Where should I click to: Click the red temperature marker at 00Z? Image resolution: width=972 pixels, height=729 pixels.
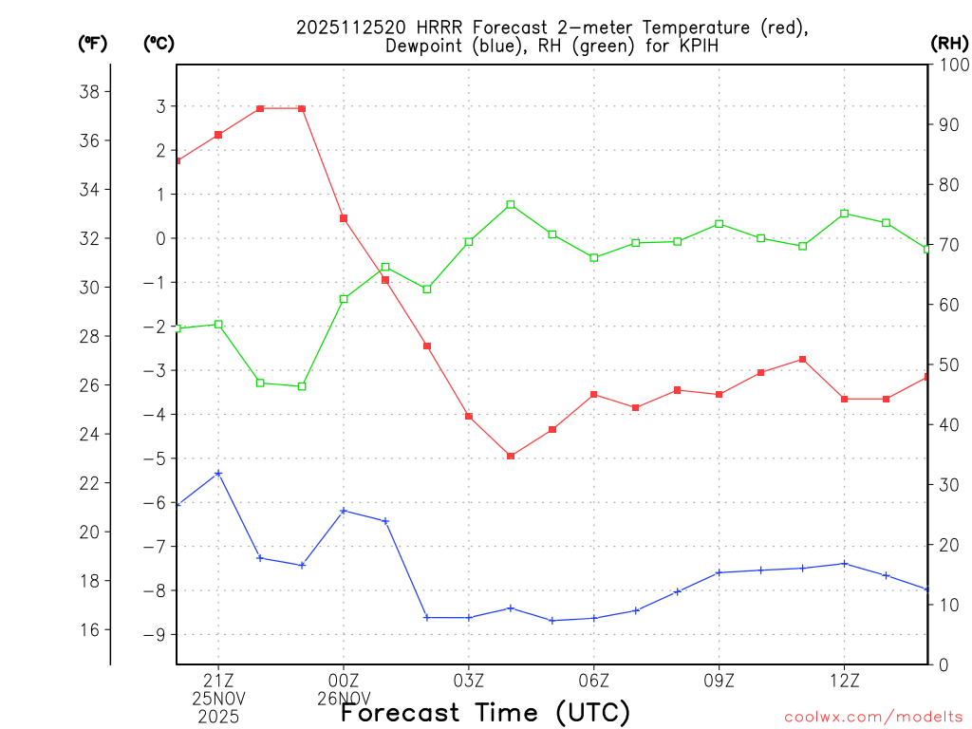click(344, 218)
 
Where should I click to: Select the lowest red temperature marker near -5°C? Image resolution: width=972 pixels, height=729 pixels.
click(511, 457)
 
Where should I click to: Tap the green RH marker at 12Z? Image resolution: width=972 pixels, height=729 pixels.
click(845, 214)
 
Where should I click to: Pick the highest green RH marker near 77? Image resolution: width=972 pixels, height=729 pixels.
click(511, 204)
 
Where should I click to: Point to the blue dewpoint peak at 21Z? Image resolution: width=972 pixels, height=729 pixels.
click(218, 473)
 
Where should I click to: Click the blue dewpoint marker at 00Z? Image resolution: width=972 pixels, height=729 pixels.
click(344, 511)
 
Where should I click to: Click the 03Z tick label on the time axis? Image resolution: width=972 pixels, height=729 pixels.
click(469, 681)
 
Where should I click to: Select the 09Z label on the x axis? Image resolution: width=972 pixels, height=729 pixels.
click(719, 681)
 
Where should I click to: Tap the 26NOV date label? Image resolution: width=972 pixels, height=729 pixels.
click(344, 698)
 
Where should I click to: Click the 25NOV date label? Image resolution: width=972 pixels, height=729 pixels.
click(218, 698)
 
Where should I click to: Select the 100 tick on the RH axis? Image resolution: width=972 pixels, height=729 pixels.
click(950, 65)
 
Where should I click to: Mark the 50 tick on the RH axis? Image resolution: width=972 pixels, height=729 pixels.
click(946, 364)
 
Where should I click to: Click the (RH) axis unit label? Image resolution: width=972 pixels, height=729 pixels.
click(949, 43)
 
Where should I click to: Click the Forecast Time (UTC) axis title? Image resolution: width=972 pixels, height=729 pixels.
click(485, 712)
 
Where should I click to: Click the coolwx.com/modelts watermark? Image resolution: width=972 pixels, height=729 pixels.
click(873, 718)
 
